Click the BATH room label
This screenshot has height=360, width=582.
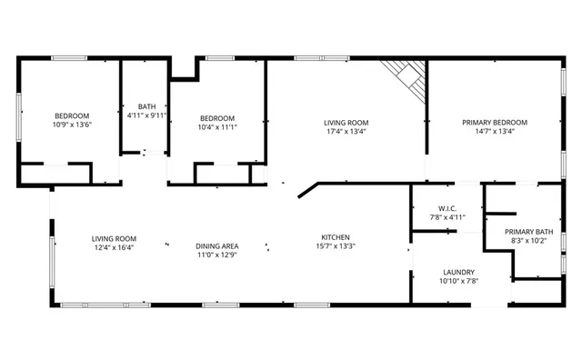145,106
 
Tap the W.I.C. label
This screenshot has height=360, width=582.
446,208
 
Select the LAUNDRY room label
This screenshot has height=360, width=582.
458,272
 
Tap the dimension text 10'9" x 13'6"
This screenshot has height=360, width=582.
72,125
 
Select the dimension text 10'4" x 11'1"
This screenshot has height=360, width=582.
217,128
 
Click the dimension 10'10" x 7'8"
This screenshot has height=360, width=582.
458,281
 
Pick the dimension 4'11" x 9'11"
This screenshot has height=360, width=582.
145,115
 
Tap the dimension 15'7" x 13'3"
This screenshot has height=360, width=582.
335,246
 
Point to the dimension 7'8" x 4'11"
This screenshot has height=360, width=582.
446,217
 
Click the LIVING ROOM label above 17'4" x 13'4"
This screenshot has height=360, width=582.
346,122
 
